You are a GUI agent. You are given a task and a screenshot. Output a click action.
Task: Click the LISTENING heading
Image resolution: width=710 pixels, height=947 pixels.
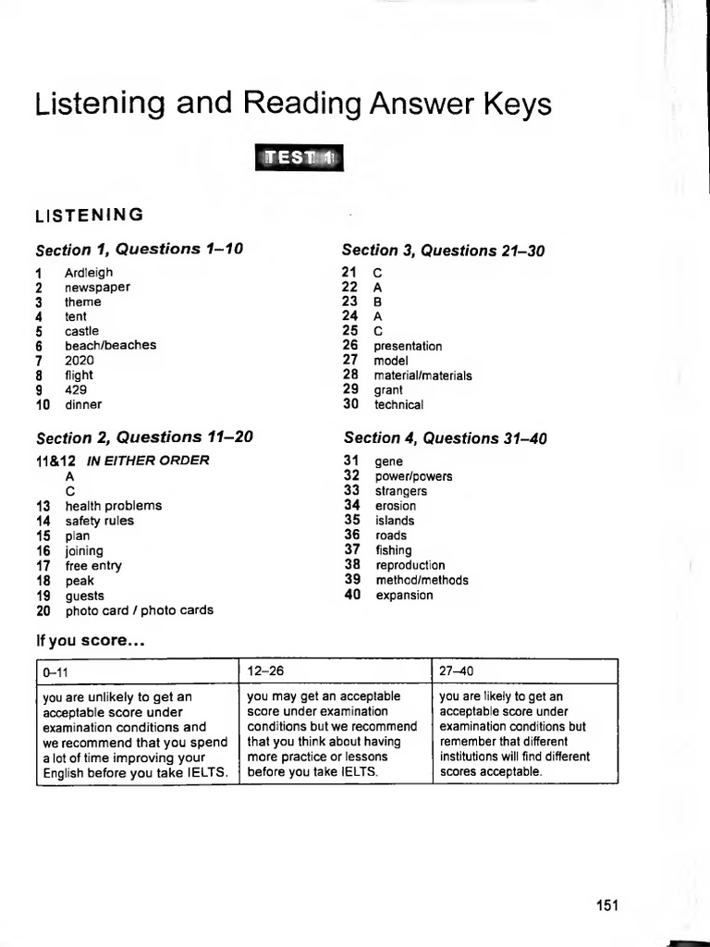coord(89,215)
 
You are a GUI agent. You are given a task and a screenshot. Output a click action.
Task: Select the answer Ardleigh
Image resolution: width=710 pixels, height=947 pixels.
coord(89,273)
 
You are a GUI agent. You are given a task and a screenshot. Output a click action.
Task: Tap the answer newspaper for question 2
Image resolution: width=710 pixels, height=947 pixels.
coord(97,288)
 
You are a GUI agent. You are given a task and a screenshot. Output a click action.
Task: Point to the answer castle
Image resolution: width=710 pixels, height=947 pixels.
coord(81,331)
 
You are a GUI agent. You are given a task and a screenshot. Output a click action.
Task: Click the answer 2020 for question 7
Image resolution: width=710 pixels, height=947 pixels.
coord(80,360)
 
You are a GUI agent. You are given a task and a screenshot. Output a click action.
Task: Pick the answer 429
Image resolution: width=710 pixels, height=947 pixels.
coord(76,389)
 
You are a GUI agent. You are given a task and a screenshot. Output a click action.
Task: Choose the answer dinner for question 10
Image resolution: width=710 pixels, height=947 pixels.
coord(83,404)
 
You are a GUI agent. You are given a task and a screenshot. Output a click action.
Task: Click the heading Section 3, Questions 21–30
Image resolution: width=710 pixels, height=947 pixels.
coord(443,250)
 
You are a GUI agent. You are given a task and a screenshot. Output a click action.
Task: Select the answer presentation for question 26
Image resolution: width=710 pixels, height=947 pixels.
coord(408,346)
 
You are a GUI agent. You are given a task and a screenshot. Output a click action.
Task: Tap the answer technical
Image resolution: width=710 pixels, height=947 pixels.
coord(398,405)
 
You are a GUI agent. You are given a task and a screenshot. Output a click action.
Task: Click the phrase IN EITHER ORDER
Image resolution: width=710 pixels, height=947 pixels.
coord(148,460)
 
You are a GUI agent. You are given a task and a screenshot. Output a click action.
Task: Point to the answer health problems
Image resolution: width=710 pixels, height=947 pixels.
coord(113,506)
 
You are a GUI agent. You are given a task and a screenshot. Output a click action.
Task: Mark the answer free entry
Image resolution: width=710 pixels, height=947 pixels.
coord(92,566)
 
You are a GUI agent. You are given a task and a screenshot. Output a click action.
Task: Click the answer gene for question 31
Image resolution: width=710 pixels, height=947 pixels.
coord(388,461)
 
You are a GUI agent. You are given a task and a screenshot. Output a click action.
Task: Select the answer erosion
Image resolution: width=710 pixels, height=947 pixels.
coord(395,506)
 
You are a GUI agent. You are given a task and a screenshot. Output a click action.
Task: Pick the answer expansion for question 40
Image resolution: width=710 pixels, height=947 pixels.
coord(404,596)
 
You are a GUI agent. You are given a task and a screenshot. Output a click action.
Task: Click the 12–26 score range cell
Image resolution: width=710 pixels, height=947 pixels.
coord(336,670)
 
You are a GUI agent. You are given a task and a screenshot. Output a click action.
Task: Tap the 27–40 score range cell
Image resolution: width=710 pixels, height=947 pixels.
coord(525,670)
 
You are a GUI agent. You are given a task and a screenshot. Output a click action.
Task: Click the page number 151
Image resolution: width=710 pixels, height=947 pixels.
coord(606,905)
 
